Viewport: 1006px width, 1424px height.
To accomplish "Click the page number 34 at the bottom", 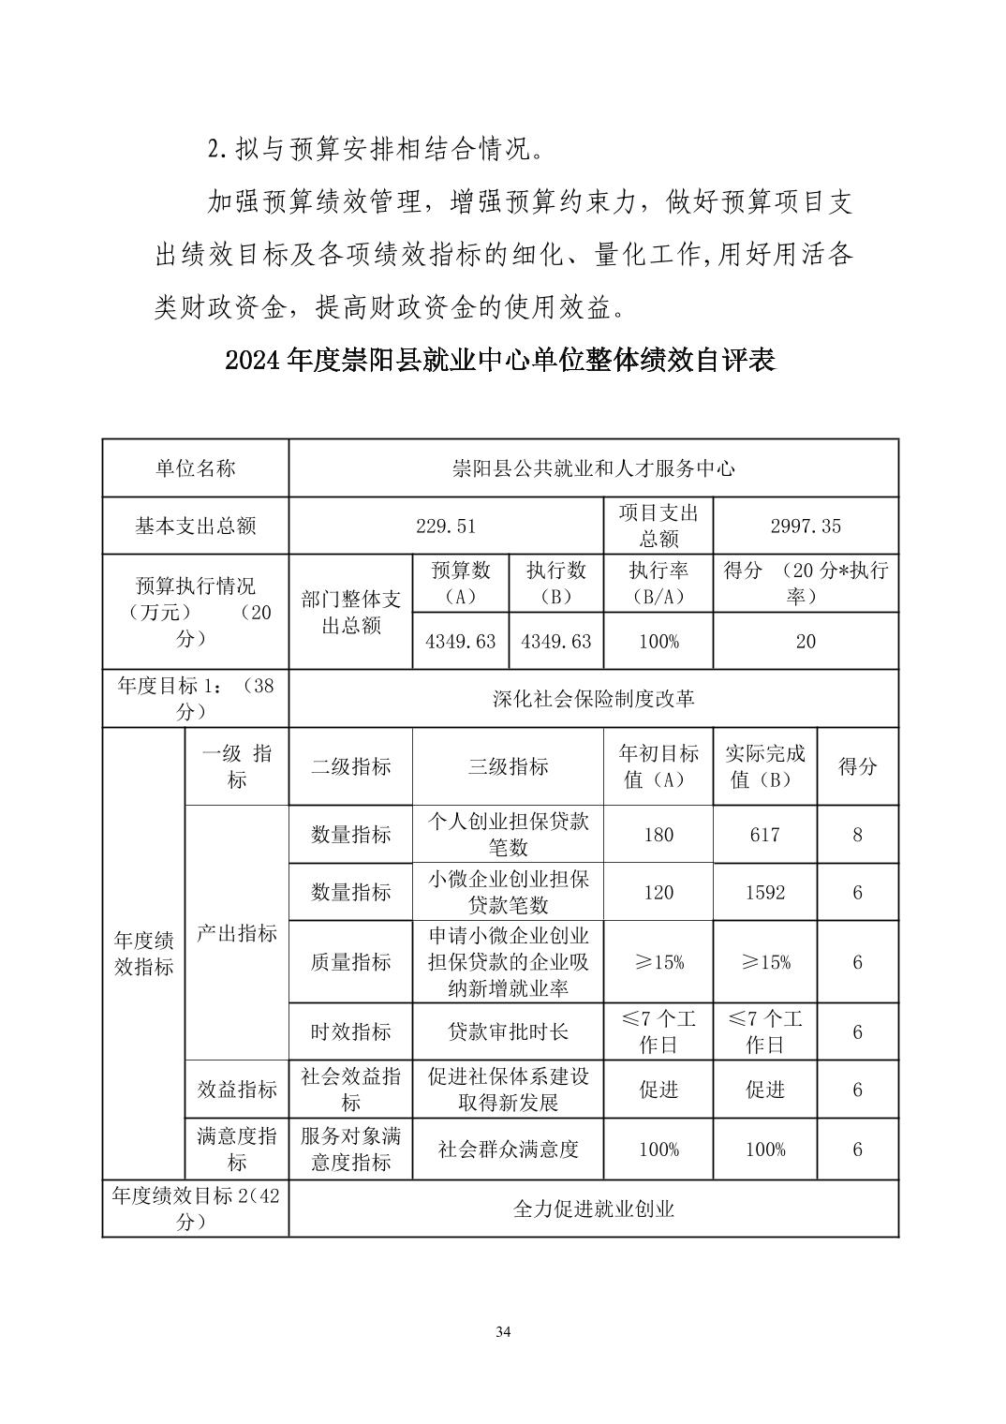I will click(503, 1332).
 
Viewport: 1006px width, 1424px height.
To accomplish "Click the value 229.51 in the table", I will click(446, 526).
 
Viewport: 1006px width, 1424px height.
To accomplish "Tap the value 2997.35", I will click(806, 526).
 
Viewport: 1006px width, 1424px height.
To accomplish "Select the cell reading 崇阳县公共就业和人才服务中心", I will click(593, 468).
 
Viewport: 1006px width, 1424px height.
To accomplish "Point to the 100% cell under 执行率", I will click(658, 642).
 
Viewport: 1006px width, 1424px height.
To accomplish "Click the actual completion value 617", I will click(764, 835).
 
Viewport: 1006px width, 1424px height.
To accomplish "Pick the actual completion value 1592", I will click(764, 893).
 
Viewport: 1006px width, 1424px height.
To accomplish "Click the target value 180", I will click(658, 835).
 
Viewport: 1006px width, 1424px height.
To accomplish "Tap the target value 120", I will click(658, 893).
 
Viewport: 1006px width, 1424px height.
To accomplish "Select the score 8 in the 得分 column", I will click(857, 835).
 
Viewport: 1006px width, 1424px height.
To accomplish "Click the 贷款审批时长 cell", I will click(508, 1031).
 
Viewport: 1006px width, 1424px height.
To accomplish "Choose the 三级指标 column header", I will click(508, 766).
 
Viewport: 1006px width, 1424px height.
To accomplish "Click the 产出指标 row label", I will click(237, 933).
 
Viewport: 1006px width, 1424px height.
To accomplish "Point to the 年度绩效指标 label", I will click(144, 954).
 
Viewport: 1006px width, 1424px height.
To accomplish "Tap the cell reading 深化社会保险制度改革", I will click(593, 699).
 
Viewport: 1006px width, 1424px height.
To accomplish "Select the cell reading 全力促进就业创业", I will click(593, 1209).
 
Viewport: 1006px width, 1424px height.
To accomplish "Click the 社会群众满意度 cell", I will click(508, 1150).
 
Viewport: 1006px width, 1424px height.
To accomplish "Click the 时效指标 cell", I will click(350, 1031).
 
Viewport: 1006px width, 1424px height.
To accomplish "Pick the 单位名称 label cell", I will click(195, 468).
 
